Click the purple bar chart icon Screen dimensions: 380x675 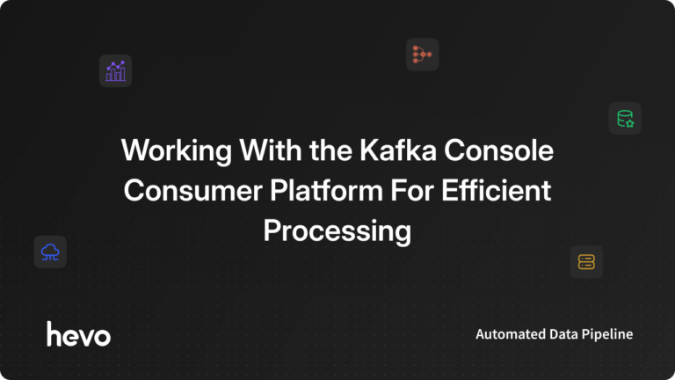(115, 70)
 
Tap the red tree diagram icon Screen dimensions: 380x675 (422, 55)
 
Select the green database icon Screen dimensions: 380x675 (625, 118)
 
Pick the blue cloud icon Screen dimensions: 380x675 (50, 252)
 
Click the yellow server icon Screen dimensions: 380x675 (586, 261)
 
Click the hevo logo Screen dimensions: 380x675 (78, 334)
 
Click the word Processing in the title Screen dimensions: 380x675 (337, 231)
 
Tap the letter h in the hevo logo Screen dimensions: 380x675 (54, 333)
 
